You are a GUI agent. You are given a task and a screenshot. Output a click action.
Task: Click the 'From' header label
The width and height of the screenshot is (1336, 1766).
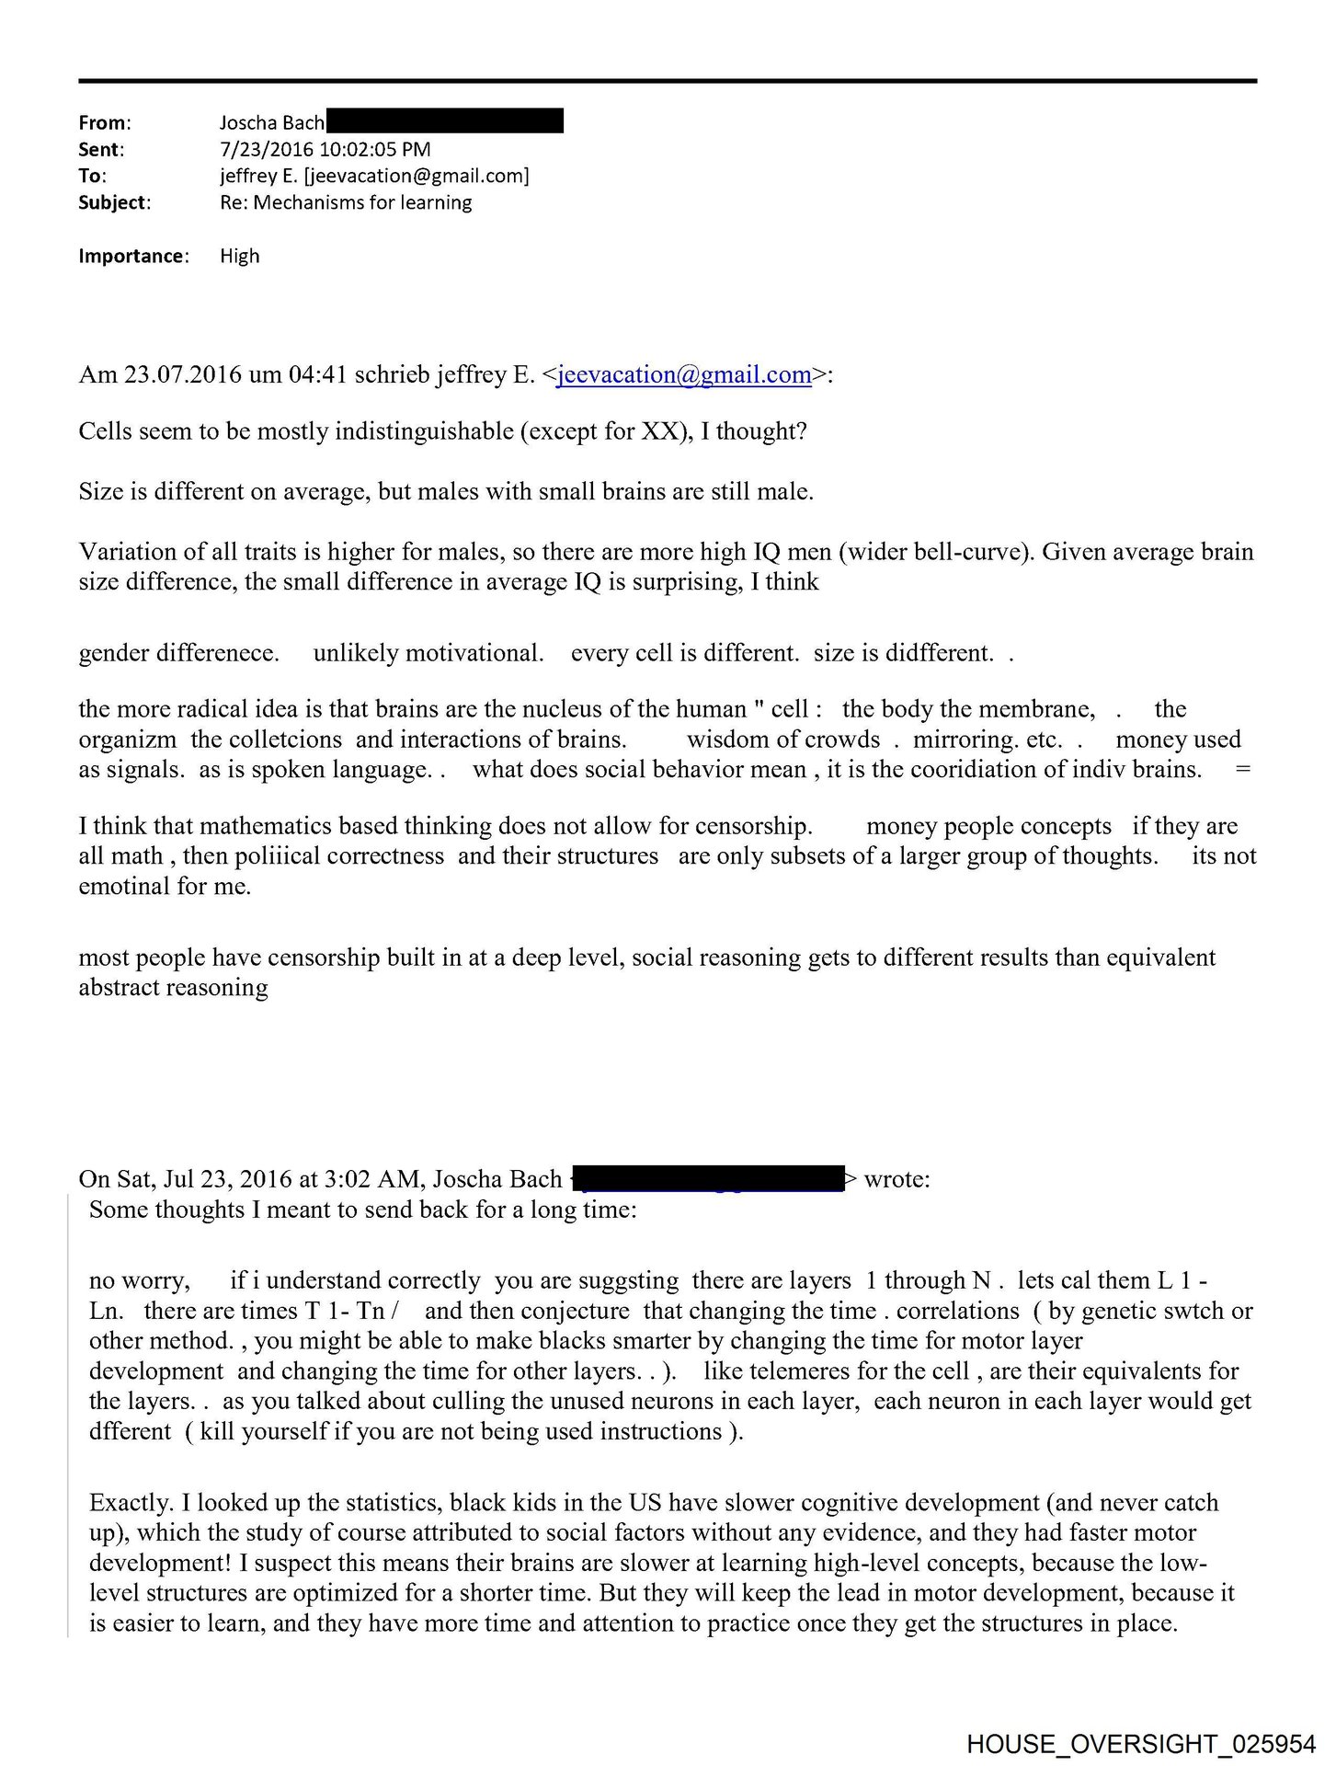point(104,122)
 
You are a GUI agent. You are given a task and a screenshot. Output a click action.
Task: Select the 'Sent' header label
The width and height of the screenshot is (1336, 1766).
point(100,149)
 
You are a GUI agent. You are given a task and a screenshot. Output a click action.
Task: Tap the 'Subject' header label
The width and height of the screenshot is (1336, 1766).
point(113,202)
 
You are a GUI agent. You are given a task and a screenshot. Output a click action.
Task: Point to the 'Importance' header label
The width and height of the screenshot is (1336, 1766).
point(132,256)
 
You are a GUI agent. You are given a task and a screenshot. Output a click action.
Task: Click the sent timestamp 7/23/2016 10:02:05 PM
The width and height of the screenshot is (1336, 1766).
point(325,149)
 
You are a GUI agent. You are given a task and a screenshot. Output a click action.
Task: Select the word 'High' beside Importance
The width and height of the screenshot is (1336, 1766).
point(239,256)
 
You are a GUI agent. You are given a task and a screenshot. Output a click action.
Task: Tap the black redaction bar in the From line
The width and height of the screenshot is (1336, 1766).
point(445,121)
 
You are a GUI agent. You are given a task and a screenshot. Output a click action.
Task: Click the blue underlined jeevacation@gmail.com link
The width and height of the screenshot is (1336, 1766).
point(684,375)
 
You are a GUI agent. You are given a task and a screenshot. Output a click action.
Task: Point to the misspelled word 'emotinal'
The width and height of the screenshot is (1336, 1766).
point(119,887)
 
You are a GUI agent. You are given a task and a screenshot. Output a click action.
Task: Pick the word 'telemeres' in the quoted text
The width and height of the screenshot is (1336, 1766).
point(805,1371)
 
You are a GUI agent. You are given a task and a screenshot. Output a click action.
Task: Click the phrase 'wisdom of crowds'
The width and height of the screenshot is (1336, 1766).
point(782,740)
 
